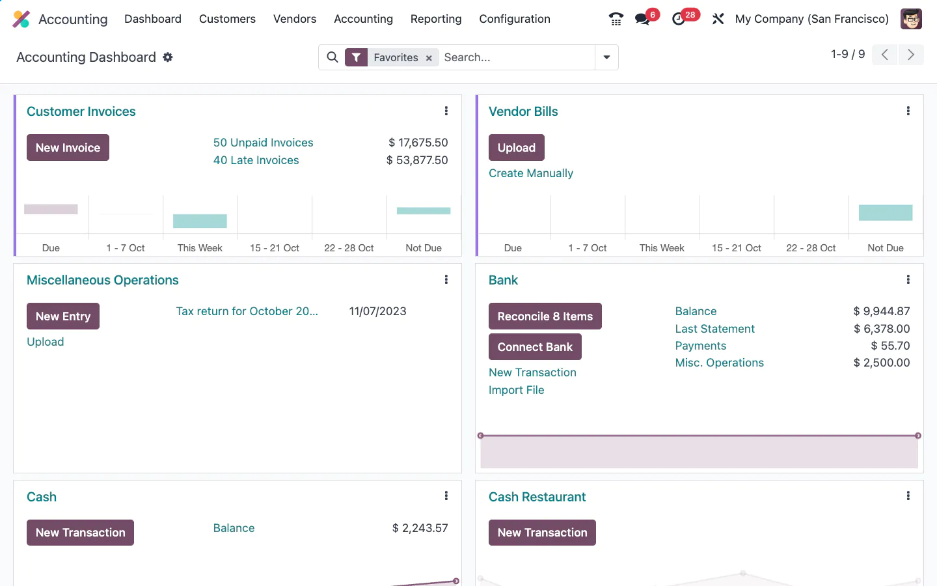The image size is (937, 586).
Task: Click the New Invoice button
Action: (68, 148)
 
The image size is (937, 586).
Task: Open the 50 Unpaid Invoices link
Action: (263, 143)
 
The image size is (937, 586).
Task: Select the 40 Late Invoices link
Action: (256, 160)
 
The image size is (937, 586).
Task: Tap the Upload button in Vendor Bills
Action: (516, 148)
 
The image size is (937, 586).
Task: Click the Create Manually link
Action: (530, 173)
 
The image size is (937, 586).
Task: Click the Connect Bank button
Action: (534, 347)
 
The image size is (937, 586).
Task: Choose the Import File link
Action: (516, 390)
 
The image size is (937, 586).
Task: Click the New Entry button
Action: (62, 316)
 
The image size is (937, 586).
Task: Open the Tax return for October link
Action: (247, 311)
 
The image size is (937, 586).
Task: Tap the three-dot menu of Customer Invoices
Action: (446, 111)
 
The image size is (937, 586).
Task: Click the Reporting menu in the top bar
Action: (435, 19)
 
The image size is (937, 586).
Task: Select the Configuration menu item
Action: (514, 19)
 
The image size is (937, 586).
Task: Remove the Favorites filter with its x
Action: (429, 58)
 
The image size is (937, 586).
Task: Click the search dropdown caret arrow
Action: (606, 57)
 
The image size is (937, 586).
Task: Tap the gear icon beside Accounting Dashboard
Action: (168, 57)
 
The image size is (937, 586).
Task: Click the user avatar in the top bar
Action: (911, 19)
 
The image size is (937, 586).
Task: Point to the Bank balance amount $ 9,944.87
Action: (881, 311)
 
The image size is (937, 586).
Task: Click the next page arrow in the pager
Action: (911, 55)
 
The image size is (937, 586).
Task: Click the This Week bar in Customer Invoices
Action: (200, 221)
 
